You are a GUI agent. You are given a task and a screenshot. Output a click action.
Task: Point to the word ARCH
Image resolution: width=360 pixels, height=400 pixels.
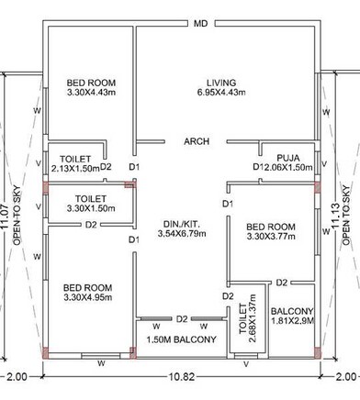pos(197,141)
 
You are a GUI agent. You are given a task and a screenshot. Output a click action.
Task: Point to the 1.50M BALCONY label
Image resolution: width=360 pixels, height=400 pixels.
pos(182,339)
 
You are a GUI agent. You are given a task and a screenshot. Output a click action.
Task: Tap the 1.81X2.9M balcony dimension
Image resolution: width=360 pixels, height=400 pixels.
pos(293,322)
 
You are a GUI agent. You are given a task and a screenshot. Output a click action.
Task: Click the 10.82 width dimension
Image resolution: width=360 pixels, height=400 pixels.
pos(181,378)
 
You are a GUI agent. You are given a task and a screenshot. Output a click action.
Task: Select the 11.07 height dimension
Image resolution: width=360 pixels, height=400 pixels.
pos(7,211)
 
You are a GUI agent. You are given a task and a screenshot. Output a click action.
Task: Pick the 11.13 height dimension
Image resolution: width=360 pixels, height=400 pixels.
pos(332,211)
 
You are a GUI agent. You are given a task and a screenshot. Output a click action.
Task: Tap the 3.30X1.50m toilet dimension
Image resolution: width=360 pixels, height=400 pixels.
pos(90,208)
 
